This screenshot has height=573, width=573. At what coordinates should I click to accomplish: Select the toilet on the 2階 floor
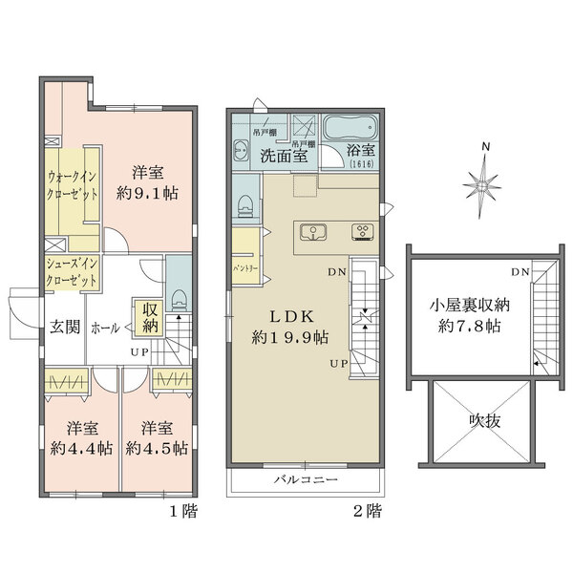point(245,204)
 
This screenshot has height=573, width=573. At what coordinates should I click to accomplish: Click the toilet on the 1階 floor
point(179,301)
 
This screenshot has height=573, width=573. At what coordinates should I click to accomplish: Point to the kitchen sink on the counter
point(312,232)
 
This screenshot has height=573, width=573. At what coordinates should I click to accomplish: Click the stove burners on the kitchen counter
point(363,232)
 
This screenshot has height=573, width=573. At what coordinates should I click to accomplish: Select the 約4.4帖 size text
point(78,448)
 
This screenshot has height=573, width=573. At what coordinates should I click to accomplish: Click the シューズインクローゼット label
point(72,274)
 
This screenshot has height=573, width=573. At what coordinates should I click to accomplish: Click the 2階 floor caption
point(367,511)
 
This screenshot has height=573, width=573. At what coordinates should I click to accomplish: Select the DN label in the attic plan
point(520,273)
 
